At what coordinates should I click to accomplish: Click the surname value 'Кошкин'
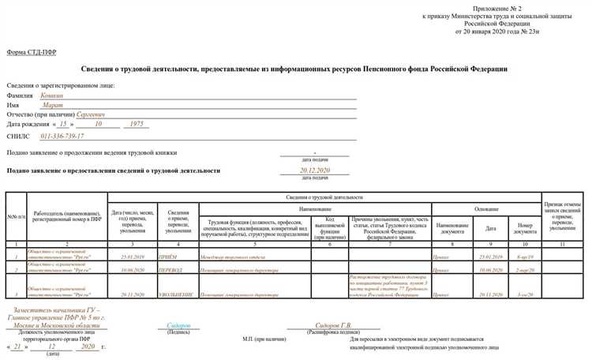pyautogui.click(x=53, y=96)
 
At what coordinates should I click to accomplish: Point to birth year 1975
pyautogui.click(x=137, y=125)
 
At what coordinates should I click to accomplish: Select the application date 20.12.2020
pyautogui.click(x=314, y=171)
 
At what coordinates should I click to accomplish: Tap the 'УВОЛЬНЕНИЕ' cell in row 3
pyautogui.click(x=178, y=294)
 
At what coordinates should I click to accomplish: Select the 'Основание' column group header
pyautogui.click(x=485, y=209)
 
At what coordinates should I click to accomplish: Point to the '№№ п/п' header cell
pyautogui.click(x=16, y=217)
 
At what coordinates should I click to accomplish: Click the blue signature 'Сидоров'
pyautogui.click(x=178, y=325)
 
